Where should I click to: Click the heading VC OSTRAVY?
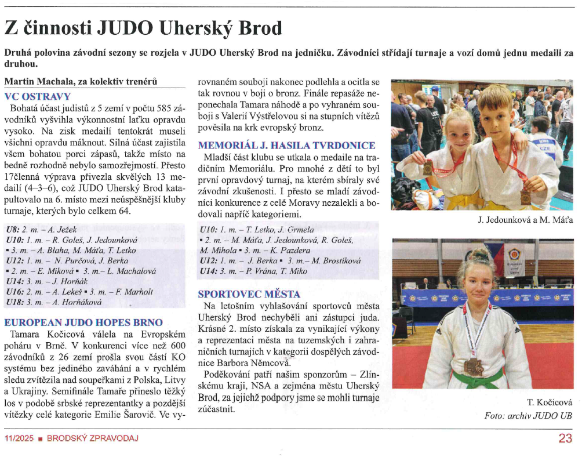pos(37,96)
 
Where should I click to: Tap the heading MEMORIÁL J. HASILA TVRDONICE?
pos(286,146)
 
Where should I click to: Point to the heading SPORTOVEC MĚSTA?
pos(249,294)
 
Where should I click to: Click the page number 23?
pos(565,438)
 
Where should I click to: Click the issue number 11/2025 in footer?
pos(18,438)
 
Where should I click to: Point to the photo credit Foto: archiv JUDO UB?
pos(528,416)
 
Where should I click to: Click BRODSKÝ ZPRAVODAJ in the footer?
pos(93,438)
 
